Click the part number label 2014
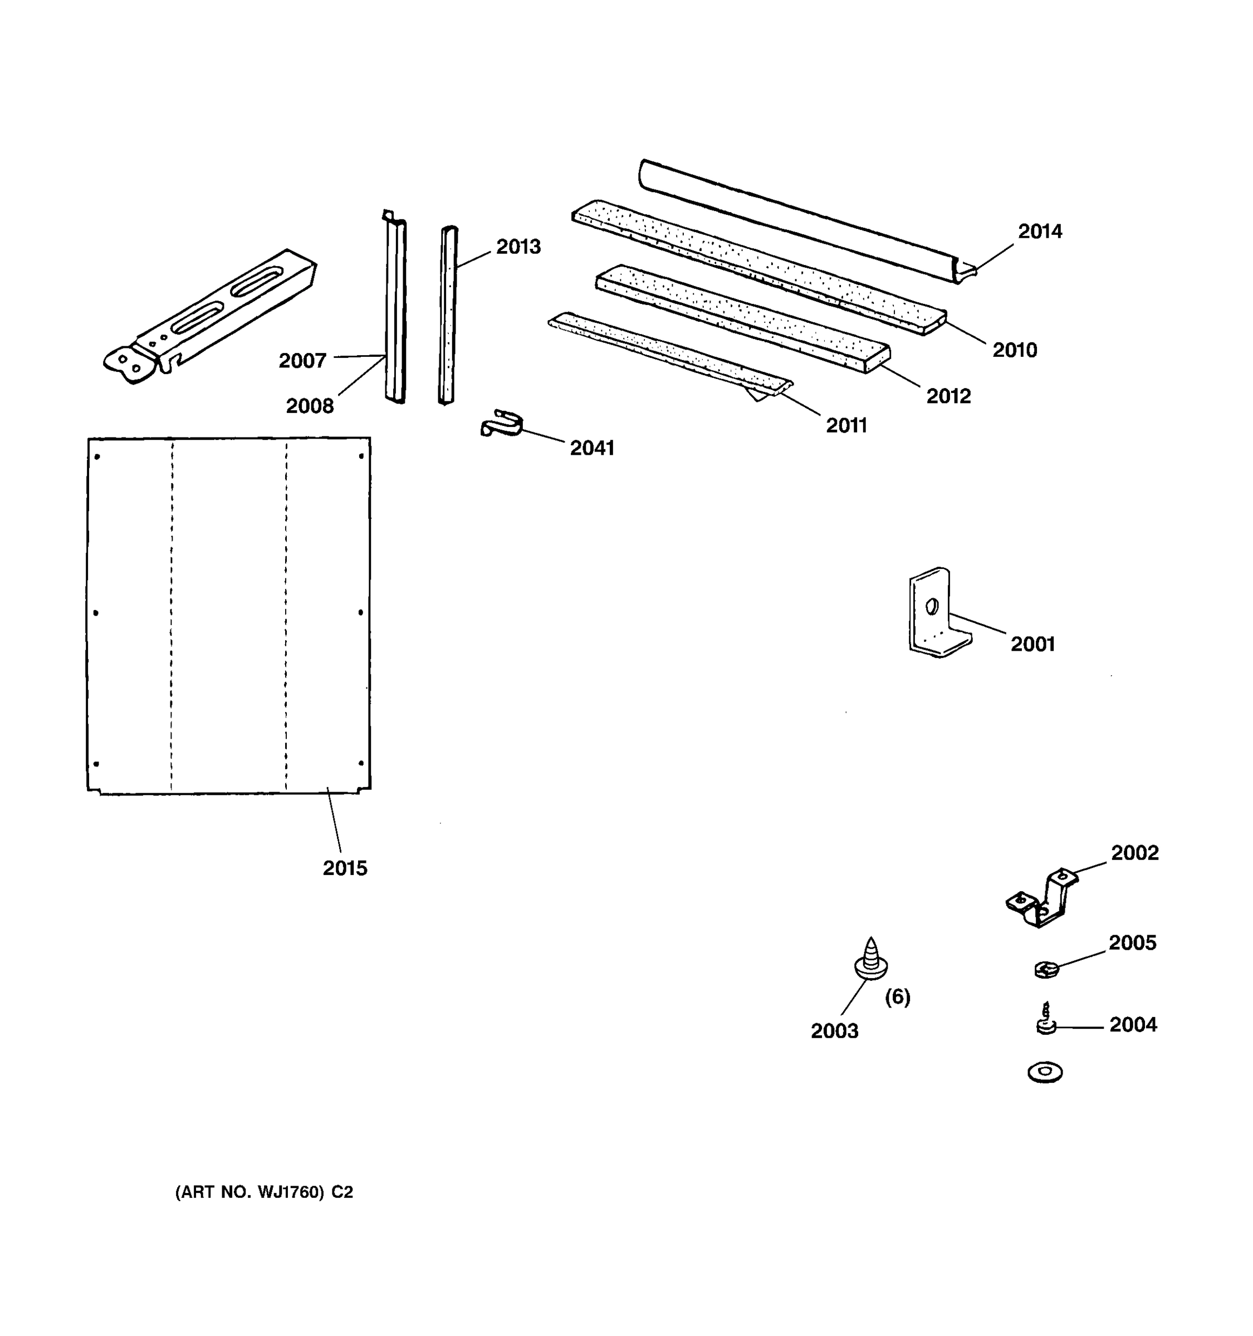[1039, 231]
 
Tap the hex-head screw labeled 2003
[870, 960]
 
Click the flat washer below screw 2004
[1045, 1072]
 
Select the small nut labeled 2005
[1046, 969]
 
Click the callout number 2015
[345, 868]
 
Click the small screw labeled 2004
[1045, 1020]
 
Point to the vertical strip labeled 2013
[448, 316]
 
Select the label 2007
[302, 361]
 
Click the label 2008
[309, 406]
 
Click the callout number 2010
[1014, 350]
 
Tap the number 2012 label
[948, 396]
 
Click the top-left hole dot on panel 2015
[97, 457]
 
